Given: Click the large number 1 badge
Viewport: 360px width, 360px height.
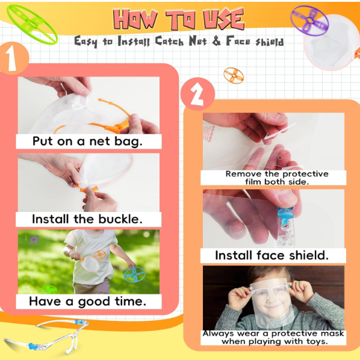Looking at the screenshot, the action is [x=13, y=58].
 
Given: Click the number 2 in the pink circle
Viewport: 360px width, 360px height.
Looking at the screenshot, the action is [x=197, y=94].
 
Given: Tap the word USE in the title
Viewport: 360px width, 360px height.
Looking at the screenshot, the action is [x=223, y=19].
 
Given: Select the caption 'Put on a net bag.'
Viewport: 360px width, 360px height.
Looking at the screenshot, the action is [x=88, y=141].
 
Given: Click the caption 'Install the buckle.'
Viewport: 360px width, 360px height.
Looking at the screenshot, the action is [x=87, y=219].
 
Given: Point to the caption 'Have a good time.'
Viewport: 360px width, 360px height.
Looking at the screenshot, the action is [x=88, y=301].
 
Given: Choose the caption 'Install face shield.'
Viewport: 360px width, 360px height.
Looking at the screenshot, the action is [x=272, y=255].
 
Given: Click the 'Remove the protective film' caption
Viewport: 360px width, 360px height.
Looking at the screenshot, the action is [x=277, y=178].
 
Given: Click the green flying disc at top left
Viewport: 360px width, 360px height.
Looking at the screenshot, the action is [x=32, y=24].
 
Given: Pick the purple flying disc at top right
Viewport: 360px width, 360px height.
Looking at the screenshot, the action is [x=309, y=20].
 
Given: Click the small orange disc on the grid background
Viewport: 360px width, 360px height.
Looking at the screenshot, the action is [x=234, y=75].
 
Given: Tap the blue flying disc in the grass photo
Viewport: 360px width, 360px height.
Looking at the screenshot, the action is [x=135, y=274].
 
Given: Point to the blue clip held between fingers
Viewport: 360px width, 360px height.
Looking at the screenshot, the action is [x=285, y=215].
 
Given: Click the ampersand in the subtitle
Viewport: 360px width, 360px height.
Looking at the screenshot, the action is [x=216, y=42].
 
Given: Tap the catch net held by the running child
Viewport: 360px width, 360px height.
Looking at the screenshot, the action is [x=90, y=264].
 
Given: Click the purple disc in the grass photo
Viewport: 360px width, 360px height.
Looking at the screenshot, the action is [x=34, y=240].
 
